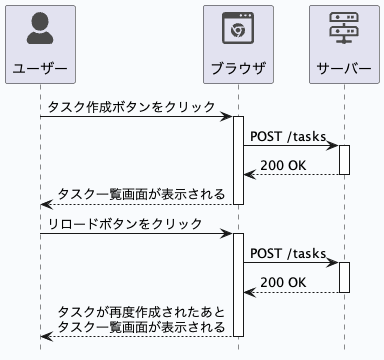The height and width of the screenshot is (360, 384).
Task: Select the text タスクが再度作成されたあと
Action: pos(141,311)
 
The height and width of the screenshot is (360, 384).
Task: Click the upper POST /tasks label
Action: pos(286,136)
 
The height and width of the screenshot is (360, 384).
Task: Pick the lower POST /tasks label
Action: pos(286,253)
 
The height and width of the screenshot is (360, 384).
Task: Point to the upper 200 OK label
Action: pos(283,165)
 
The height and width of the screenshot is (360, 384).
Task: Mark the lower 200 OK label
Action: pos(283,282)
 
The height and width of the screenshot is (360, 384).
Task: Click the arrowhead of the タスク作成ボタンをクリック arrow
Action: pos(228,117)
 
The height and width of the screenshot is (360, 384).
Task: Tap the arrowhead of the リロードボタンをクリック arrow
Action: pos(228,234)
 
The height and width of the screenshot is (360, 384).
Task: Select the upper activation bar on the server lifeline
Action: pos(344,160)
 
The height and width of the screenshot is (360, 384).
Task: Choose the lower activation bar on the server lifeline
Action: pos(344,277)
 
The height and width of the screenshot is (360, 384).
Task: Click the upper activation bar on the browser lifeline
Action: pos(238,160)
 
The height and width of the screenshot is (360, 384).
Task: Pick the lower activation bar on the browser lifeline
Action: pos(238,285)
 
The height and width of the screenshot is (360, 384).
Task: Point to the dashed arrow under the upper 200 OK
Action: pos(290,175)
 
